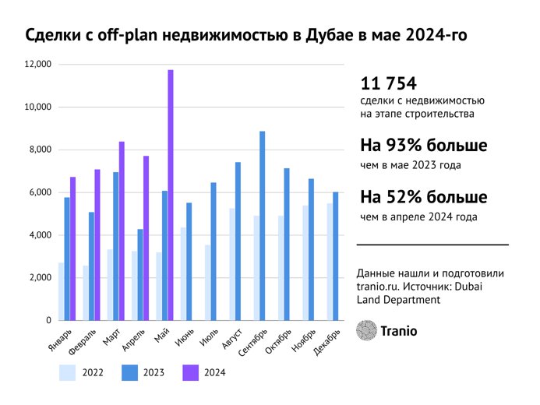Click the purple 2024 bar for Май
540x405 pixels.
[171, 195]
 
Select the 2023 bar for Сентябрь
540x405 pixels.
[263, 226]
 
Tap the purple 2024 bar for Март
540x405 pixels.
[122, 231]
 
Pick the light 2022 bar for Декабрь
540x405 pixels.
[330, 262]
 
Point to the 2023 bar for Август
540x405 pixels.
[238, 241]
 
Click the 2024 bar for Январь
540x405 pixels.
[73, 248]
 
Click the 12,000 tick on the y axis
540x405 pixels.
[37, 65]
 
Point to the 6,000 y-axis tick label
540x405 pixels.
[37, 192]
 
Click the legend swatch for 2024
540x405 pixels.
[190, 373]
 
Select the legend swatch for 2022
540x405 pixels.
[69, 373]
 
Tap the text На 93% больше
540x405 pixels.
[423, 146]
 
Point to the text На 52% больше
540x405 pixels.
[423, 197]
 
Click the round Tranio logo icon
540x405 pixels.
[365, 330]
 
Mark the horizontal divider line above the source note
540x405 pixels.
[432, 245]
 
